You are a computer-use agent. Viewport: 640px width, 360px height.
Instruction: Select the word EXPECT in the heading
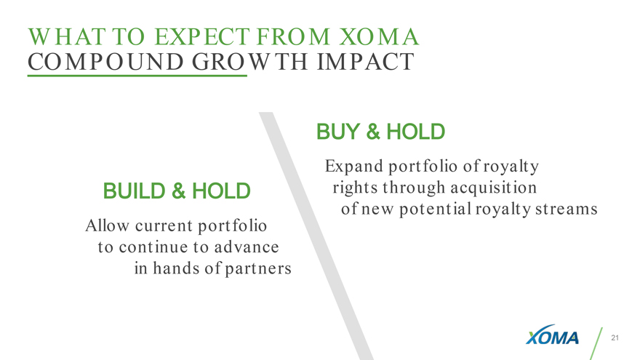[x=202, y=37]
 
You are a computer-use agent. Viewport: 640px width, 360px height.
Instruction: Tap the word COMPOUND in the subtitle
[x=105, y=62]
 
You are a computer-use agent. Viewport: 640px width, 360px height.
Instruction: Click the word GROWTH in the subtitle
[x=249, y=62]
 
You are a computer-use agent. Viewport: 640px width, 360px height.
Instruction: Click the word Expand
[x=354, y=167]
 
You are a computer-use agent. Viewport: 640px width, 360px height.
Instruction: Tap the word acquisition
[x=494, y=188]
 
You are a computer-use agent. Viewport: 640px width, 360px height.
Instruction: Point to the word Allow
[x=107, y=225]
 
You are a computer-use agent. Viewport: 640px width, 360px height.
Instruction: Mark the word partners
[x=258, y=269]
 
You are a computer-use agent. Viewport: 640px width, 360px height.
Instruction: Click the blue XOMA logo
[x=552, y=335]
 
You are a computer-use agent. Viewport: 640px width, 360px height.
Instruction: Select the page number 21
[x=615, y=337]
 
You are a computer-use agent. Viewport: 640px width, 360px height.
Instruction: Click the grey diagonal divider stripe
[x=316, y=236]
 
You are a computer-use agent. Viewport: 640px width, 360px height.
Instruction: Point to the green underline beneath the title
[x=137, y=76]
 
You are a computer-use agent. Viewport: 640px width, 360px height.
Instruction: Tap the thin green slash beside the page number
[x=596, y=344]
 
